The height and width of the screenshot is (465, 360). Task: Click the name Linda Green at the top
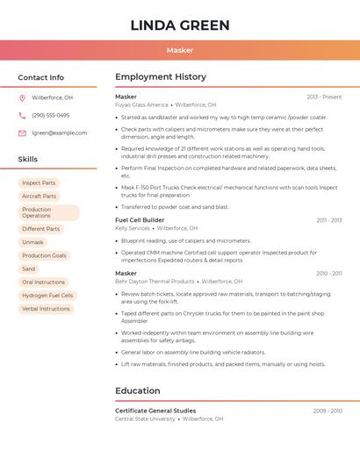coord(180,25)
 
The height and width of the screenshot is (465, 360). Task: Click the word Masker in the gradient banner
coord(180,50)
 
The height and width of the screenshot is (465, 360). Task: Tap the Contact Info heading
coord(41,77)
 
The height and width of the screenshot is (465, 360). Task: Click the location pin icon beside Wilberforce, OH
coord(22,97)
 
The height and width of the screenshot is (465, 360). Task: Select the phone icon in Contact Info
coord(22,115)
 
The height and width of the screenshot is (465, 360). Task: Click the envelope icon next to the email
coord(22,132)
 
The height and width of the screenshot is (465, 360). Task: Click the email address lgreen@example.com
coord(60,132)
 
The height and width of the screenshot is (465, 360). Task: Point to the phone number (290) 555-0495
coord(50,115)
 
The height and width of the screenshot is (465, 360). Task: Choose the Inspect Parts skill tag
coord(39,183)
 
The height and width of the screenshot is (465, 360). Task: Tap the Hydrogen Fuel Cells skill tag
coord(47,296)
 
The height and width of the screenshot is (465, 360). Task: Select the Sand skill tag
coord(29,268)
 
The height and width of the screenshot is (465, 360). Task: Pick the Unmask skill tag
coord(32,242)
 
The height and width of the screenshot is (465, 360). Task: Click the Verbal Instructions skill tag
coord(46,309)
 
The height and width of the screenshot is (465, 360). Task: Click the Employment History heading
coord(161,77)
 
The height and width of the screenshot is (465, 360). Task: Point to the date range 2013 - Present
coord(324,97)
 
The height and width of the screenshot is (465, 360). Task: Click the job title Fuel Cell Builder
coord(140,219)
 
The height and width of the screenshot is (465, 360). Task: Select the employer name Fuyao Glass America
coord(141,104)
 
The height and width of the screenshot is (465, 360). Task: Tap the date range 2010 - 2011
coord(329,273)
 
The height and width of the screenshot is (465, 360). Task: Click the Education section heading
coord(138,390)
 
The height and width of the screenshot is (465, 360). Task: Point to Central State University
coord(145,418)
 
